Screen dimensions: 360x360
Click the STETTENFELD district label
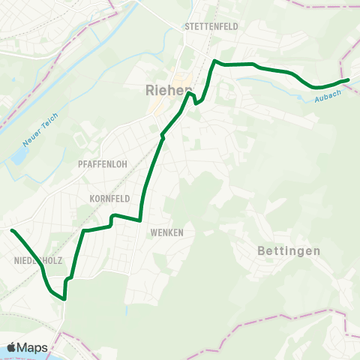211,26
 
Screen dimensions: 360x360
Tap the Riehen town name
169,91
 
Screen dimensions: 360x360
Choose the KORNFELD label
109,199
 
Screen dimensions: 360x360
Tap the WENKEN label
166,232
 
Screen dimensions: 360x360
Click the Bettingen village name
289,251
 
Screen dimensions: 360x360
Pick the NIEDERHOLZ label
37,260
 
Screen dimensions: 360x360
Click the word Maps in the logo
33,347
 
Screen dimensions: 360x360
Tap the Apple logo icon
12,346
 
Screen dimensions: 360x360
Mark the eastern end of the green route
348,79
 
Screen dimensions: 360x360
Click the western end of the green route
13,230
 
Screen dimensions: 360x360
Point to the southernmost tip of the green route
64,298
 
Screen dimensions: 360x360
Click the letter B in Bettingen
262,251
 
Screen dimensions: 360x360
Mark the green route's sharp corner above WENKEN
140,220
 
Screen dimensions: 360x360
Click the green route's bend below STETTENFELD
216,61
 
